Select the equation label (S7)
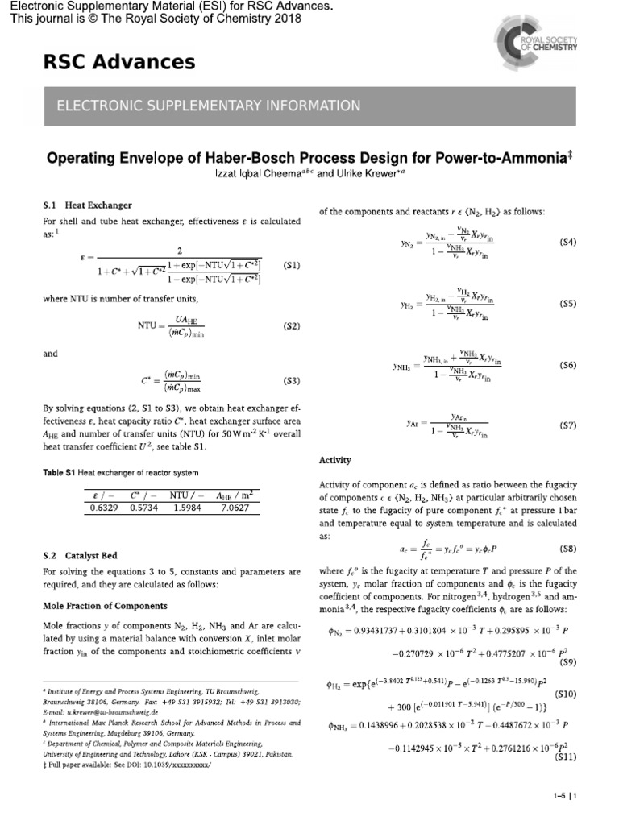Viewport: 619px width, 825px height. tap(567, 424)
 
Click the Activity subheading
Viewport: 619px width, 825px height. tap(335, 460)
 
